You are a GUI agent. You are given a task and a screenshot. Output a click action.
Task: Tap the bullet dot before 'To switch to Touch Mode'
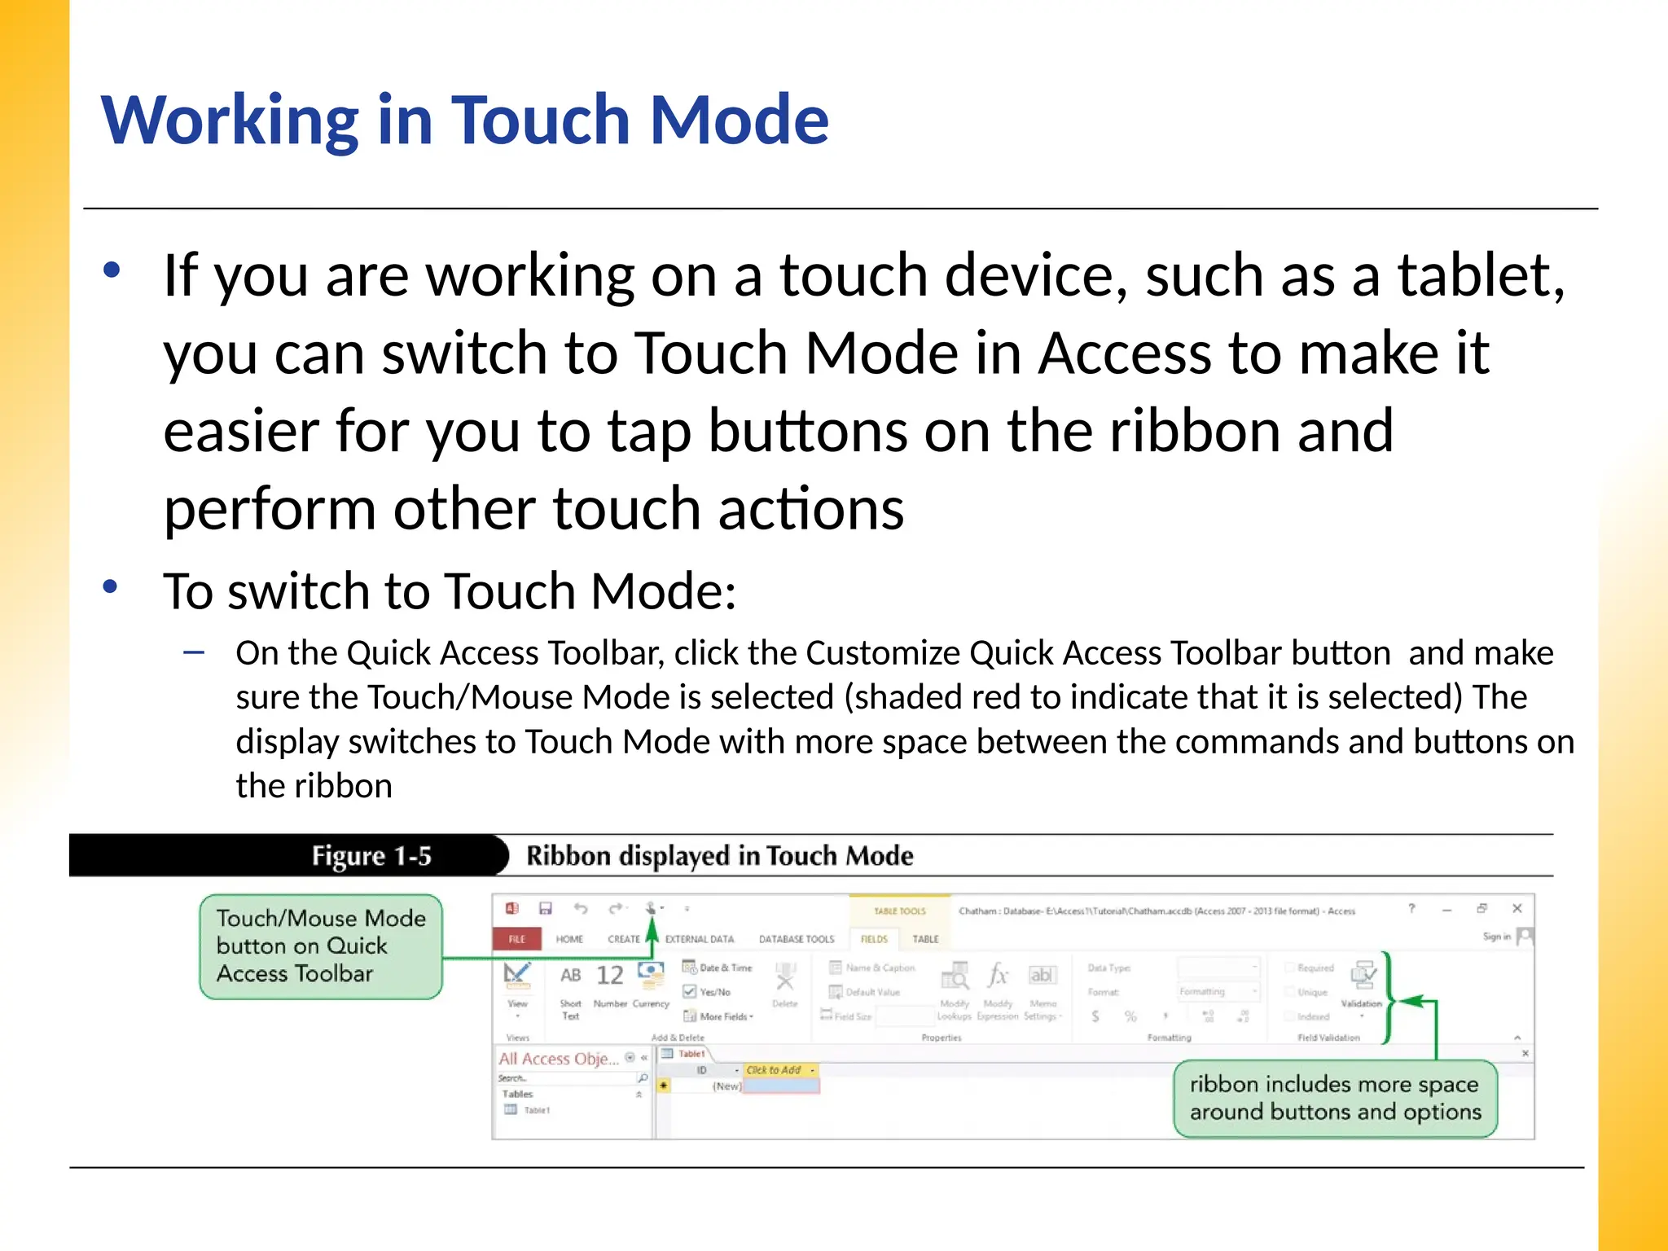(112, 586)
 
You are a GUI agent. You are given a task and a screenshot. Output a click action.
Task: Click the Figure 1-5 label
(371, 856)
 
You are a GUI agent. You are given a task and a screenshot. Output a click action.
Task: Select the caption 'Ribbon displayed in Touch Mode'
(719, 856)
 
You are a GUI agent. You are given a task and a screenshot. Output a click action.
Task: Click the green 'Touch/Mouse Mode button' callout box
(320, 946)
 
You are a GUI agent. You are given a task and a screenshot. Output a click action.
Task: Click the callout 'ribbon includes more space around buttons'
(1334, 1098)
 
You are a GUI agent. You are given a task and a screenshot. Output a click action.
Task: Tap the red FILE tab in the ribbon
(517, 939)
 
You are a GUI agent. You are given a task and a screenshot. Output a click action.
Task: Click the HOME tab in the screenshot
(569, 939)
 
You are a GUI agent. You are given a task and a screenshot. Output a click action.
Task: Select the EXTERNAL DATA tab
(699, 939)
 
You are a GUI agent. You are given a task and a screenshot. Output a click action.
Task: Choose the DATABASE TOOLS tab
(796, 939)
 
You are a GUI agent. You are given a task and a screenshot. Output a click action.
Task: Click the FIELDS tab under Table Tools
(874, 939)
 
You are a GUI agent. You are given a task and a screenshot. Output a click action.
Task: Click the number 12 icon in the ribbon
(609, 976)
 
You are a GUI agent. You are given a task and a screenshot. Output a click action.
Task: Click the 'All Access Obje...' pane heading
(559, 1059)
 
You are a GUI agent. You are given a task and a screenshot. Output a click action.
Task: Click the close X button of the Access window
(1517, 909)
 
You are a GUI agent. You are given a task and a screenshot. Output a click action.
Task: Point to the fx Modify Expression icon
(998, 976)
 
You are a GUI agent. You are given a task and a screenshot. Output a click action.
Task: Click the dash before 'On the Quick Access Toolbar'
(194, 652)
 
